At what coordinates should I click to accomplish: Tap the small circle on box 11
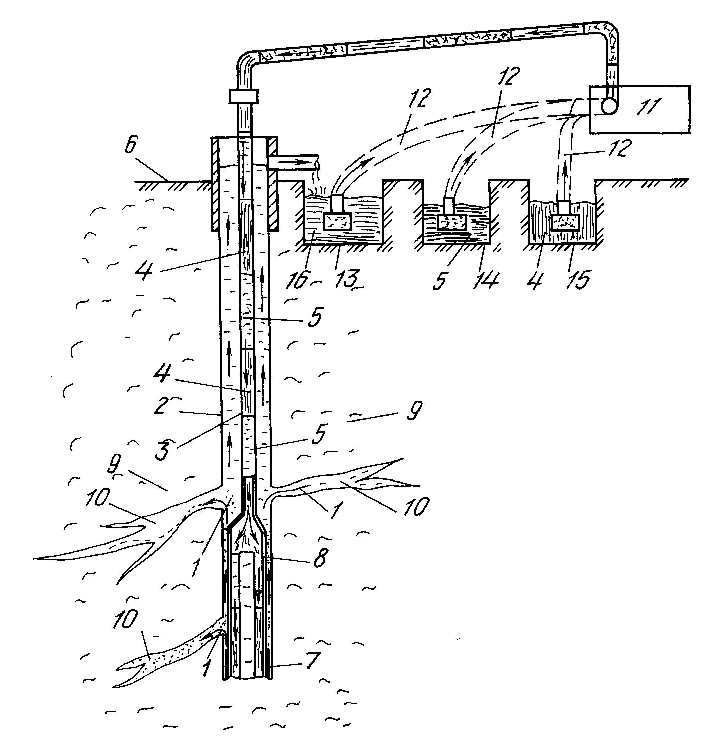tap(609, 106)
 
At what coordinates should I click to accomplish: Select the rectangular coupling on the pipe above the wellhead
tap(244, 96)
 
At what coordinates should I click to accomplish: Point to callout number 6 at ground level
tap(130, 146)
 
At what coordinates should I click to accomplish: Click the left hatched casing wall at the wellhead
tap(216, 183)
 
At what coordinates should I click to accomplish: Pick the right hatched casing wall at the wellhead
tap(272, 183)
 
